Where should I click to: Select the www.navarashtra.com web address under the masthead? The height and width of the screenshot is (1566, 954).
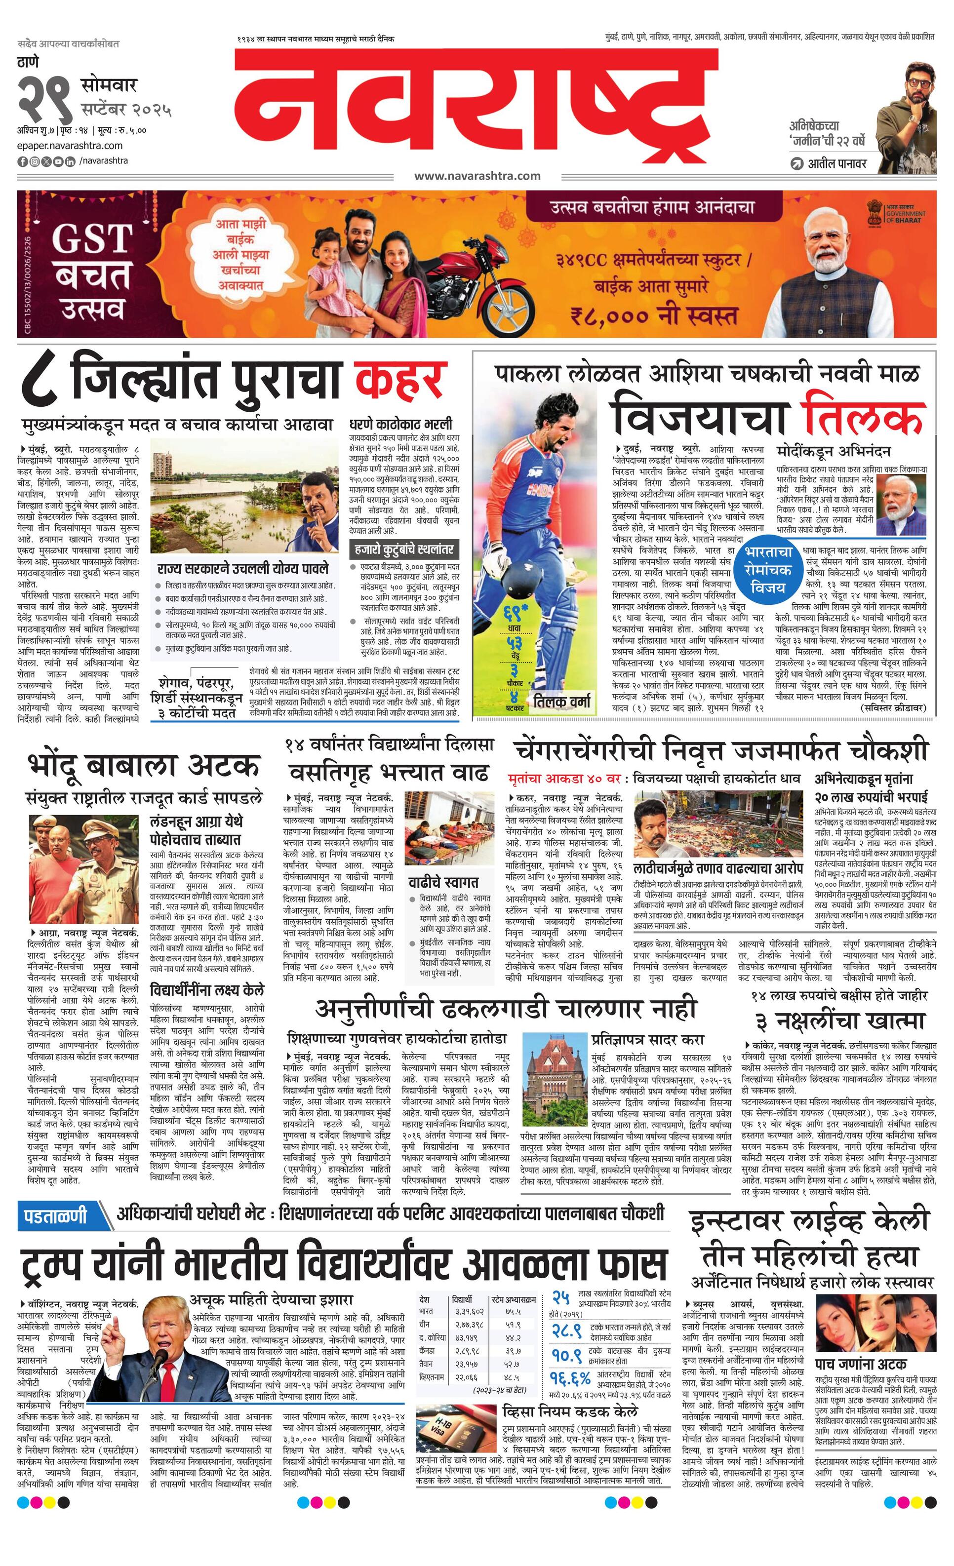click(x=477, y=176)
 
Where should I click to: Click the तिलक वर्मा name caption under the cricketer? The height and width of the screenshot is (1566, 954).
click(x=562, y=702)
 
